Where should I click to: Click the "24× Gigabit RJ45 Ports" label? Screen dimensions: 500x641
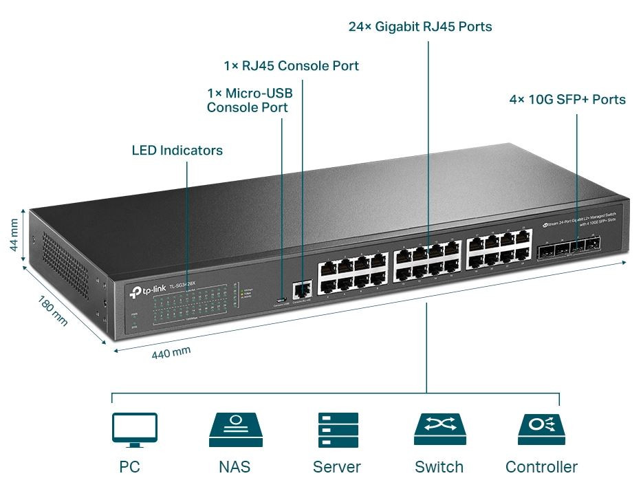click(420, 27)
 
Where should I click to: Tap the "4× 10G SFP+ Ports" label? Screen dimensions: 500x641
click(567, 100)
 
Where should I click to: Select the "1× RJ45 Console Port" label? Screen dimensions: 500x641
click(291, 66)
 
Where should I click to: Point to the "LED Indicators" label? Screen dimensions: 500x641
click(177, 150)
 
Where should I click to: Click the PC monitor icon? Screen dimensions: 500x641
click(135, 430)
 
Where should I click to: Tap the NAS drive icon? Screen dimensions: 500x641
click(235, 431)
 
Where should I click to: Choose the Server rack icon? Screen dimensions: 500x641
click(338, 431)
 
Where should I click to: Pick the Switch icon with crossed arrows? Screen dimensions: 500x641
click(439, 431)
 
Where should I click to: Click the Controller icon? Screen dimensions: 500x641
click(541, 431)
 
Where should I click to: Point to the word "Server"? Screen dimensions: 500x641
click(337, 468)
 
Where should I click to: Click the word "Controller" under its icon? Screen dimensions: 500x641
click(541, 468)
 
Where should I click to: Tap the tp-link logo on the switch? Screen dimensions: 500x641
click(146, 292)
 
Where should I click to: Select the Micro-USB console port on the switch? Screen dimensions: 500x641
click(281, 300)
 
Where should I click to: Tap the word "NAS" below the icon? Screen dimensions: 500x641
click(235, 468)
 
